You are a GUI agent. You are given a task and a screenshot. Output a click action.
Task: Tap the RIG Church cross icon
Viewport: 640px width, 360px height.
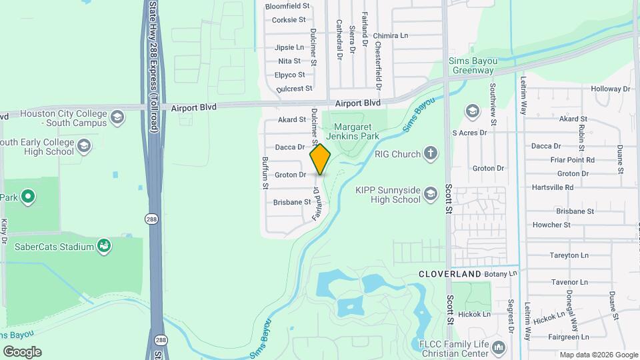pos(431,154)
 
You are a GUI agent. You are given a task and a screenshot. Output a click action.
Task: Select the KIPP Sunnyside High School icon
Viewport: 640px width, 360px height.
pos(430,194)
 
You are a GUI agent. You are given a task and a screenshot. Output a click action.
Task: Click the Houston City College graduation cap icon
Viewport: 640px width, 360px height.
pos(117,117)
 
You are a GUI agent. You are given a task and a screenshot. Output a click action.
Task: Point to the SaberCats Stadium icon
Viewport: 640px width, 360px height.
pos(104,247)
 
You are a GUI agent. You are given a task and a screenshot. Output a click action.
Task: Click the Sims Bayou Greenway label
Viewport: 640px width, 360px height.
pos(472,65)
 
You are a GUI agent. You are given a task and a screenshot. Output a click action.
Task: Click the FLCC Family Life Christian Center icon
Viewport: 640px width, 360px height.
pos(499,347)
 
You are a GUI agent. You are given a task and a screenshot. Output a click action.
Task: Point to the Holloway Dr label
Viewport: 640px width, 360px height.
pos(610,89)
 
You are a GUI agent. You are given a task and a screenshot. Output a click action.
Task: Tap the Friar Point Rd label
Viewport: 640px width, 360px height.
pos(572,160)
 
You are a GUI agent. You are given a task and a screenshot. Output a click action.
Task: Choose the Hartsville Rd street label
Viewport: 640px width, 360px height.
pos(553,187)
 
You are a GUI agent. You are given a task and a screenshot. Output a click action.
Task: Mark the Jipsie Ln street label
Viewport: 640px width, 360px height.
pos(289,48)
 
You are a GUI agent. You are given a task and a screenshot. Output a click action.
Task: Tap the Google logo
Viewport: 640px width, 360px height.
pos(22,351)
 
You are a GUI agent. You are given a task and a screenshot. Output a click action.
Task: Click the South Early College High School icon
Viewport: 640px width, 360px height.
pos(84,145)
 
